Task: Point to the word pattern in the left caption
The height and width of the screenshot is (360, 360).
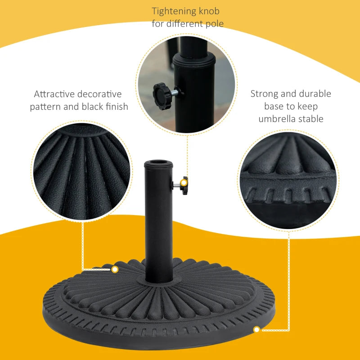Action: pyautogui.click(x=46, y=107)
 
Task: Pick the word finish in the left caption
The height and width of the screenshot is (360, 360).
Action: pyautogui.click(x=116, y=107)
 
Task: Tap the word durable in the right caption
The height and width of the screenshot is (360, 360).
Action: pyautogui.click(x=315, y=94)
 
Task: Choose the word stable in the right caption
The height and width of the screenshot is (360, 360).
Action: pyautogui.click(x=310, y=119)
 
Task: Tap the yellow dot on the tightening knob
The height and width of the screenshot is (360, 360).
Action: pyautogui.click(x=183, y=183)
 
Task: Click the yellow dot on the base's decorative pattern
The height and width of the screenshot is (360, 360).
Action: pyautogui.click(x=115, y=270)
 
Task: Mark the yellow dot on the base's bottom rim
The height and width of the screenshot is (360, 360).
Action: pyautogui.click(x=256, y=330)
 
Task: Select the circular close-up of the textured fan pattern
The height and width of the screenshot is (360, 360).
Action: pyautogui.click(x=81, y=171)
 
